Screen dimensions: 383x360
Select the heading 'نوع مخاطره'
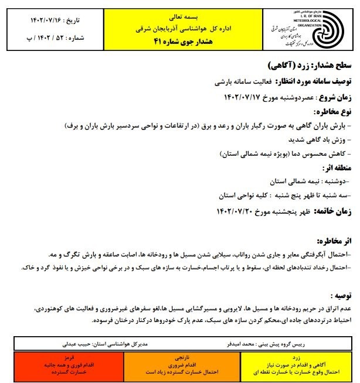click(331, 111)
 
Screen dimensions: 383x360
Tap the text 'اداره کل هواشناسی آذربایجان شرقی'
click(176, 28)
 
